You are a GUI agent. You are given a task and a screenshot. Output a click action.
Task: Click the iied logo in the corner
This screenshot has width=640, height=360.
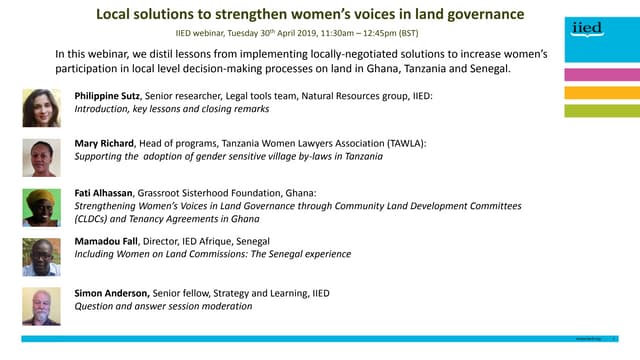coord(589,29)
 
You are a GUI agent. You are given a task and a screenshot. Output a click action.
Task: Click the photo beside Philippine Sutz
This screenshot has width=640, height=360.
coord(41,107)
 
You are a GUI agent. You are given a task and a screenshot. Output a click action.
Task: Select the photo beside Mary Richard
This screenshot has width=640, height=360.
coord(41,158)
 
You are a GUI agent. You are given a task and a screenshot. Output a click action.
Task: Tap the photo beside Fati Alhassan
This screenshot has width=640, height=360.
coord(41,207)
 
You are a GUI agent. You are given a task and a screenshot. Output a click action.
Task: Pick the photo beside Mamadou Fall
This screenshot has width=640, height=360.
coord(41,256)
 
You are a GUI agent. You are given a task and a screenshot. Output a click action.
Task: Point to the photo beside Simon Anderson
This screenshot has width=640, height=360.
coord(41,306)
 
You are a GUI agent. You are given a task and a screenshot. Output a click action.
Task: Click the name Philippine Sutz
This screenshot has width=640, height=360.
coord(108,94)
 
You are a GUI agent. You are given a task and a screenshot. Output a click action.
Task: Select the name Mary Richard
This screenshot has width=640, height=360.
coord(104,144)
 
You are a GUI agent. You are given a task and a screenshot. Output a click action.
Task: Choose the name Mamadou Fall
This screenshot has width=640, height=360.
coord(107,241)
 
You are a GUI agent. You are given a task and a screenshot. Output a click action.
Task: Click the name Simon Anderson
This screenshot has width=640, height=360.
coord(112,293)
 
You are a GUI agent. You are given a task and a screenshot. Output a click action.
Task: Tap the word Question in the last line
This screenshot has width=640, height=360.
coord(98,306)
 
